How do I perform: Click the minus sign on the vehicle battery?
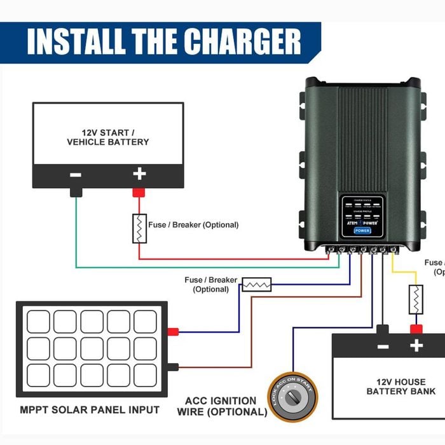pos(75,174)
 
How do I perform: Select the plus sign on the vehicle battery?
pos(139,174)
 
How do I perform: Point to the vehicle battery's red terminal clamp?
pos(139,191)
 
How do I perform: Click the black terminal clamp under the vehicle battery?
pos(76,191)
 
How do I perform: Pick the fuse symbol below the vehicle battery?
pos(139,228)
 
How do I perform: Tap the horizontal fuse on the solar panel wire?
pos(257,284)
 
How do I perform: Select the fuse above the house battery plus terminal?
pos(416,299)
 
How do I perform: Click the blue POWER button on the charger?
pos(362,231)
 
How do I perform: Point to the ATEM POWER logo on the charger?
pos(362,222)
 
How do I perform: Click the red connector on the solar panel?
pos(172,331)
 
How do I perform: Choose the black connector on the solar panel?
pos(172,366)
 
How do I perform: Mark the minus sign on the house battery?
pos(383,346)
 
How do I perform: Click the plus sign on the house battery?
pos(416,346)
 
